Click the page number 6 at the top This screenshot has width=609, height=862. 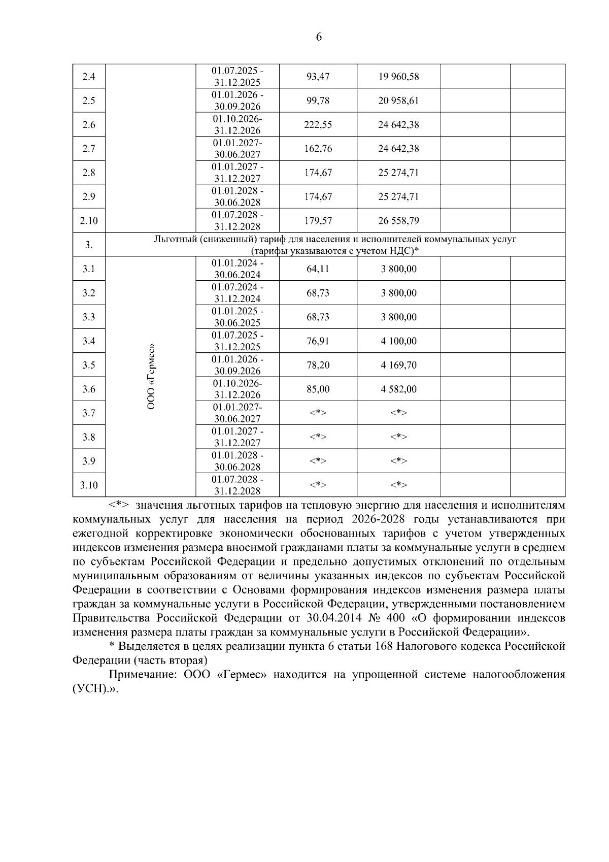coord(319,37)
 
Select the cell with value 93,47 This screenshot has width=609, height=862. coord(318,77)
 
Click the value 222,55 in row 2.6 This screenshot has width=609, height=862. coord(318,125)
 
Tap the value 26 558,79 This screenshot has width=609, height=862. coord(398,221)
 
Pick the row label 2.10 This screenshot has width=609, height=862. coord(89,221)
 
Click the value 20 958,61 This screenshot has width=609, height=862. coord(398,101)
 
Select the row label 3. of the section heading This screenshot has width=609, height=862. coord(89,245)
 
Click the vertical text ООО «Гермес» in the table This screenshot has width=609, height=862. coord(151,377)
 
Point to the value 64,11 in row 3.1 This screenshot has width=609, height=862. coord(318,269)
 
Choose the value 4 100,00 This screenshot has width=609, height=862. coord(398,341)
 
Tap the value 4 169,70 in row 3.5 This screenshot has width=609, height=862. coord(398,365)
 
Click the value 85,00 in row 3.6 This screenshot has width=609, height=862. coord(318,389)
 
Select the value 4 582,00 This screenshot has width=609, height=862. coord(398,389)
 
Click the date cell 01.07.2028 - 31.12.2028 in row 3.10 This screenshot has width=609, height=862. coord(238,485)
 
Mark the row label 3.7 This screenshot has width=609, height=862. coord(89,413)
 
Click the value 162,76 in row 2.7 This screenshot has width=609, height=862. coord(318,149)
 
